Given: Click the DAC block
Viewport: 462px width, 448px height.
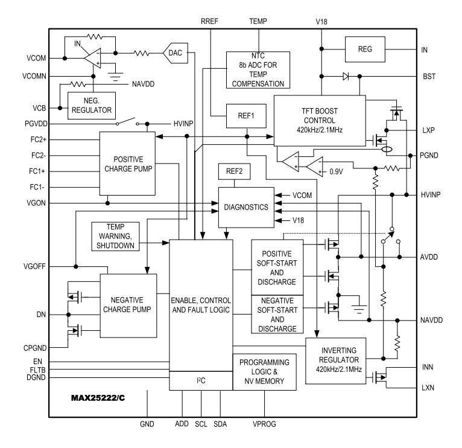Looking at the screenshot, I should pos(176,54).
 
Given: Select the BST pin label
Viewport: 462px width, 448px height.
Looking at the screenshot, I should pos(428,77).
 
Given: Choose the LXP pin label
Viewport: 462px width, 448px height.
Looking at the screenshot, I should pos(428,130).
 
